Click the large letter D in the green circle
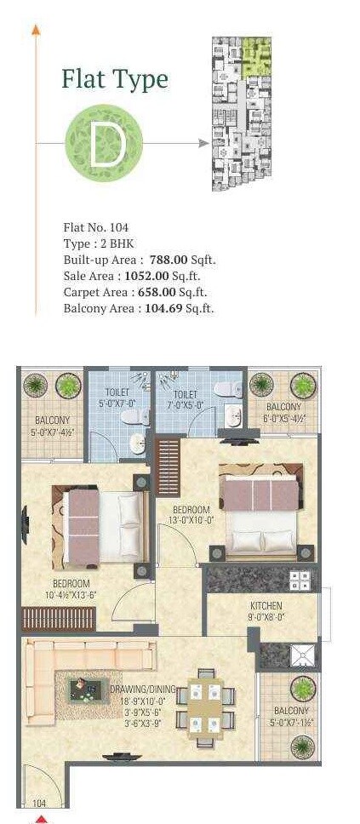pyautogui.click(x=108, y=144)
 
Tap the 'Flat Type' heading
pyautogui.click(x=114, y=79)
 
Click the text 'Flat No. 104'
pyautogui.click(x=95, y=227)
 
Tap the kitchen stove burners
pyautogui.click(x=300, y=581)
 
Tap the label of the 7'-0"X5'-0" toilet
pyautogui.click(x=186, y=399)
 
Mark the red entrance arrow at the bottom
pyautogui.click(x=39, y=819)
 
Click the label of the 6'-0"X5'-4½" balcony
pyautogui.click(x=283, y=412)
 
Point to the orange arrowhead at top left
pyautogui.click(x=36, y=30)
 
